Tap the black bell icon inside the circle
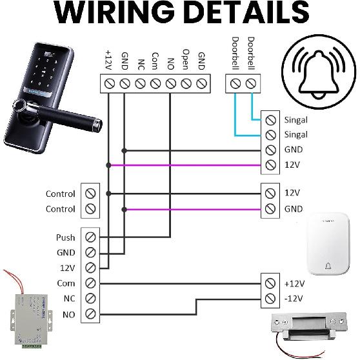(315, 72)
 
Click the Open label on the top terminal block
(186, 59)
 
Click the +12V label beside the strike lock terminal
(294, 283)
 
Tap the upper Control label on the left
(60, 194)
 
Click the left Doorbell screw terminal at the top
(235, 83)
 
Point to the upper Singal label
(295, 119)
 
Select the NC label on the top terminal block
(140, 65)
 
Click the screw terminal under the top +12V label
(109, 83)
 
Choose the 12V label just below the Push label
(66, 268)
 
